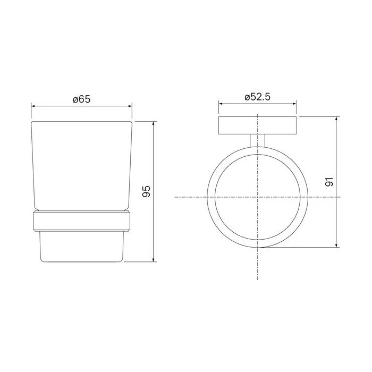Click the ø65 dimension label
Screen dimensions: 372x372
(x=82, y=99)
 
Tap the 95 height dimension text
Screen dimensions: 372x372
(x=146, y=191)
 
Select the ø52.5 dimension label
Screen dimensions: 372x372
(x=257, y=97)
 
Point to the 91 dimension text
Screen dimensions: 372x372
(x=329, y=182)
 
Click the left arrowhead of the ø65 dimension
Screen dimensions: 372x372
(x=33, y=106)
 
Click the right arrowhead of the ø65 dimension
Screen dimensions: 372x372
(x=130, y=106)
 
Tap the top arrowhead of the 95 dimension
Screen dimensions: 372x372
(x=154, y=124)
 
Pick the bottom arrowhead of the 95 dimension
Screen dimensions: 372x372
(x=154, y=259)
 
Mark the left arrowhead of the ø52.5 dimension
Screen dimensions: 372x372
(x=221, y=104)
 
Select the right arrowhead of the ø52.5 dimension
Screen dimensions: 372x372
(x=294, y=104)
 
